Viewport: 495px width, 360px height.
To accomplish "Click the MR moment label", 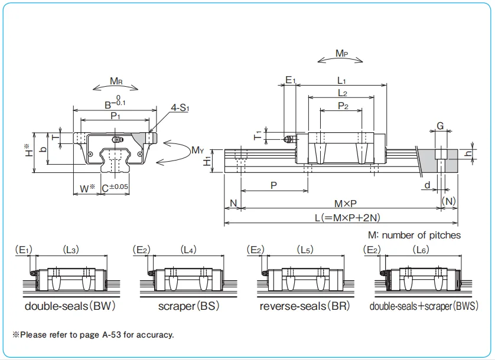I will (116, 81).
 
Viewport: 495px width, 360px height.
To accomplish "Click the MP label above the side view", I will (341, 54).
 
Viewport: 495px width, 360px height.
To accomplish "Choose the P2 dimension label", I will (343, 106).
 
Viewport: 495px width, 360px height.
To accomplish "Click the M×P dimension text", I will (346, 204).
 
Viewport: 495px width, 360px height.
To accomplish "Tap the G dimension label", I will (441, 125).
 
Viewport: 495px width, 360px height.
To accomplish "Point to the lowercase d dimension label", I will (426, 185).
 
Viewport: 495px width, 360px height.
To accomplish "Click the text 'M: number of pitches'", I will (414, 235).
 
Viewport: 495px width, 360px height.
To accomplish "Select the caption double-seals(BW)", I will (70, 307).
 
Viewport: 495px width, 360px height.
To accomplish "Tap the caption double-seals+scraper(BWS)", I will (424, 307).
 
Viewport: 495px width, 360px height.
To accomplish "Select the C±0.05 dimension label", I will (115, 188).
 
